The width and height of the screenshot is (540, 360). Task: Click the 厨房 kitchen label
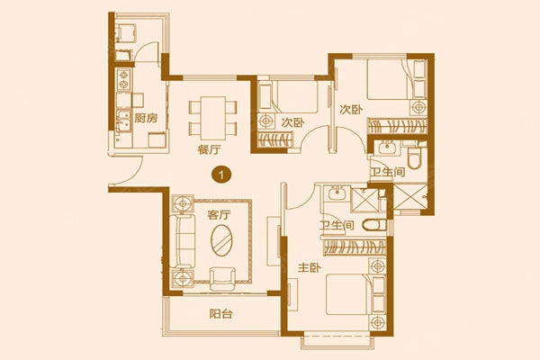click(146, 118)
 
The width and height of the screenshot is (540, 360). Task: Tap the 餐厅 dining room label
click(209, 149)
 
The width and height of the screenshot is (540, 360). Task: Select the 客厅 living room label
click(219, 215)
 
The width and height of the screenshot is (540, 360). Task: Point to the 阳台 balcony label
click(221, 314)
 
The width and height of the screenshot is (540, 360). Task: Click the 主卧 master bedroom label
click(310, 267)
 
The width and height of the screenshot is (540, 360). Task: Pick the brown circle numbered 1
click(221, 175)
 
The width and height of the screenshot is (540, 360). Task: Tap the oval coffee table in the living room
click(221, 240)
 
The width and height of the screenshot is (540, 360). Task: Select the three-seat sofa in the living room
click(182, 240)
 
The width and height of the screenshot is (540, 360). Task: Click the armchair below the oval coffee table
click(222, 279)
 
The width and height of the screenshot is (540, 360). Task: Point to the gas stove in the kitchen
click(123, 79)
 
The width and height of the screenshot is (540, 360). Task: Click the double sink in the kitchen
click(123, 121)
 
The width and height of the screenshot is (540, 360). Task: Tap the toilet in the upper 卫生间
click(414, 157)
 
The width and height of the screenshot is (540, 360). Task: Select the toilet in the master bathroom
click(374, 226)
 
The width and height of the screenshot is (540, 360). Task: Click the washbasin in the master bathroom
click(337, 194)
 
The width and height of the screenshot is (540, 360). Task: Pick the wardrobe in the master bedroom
click(355, 247)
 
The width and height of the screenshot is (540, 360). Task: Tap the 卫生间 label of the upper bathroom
click(387, 172)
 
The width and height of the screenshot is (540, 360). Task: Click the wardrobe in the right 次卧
click(398, 126)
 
